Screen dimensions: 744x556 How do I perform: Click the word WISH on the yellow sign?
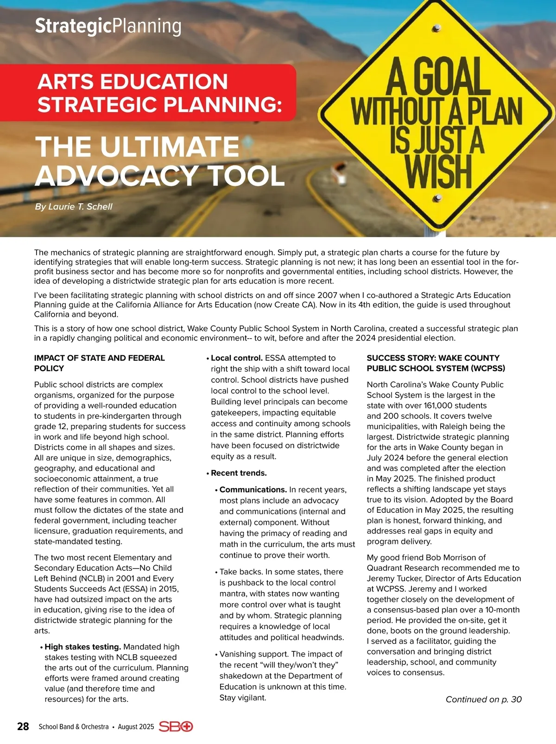(x=438, y=172)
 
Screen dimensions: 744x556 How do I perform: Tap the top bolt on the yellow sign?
(x=436, y=29)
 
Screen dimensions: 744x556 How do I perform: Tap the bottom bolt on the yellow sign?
(x=437, y=199)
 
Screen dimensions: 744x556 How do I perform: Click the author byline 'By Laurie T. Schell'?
(x=74, y=207)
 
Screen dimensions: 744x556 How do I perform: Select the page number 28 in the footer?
(x=23, y=726)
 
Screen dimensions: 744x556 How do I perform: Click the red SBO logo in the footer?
(x=176, y=726)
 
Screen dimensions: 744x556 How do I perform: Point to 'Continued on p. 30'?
(x=483, y=700)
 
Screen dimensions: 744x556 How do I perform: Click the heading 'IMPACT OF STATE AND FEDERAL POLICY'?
(x=99, y=363)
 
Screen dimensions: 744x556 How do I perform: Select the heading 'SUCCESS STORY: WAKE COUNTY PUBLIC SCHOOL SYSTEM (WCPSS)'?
(x=436, y=363)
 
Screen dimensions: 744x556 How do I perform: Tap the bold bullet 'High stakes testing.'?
(x=83, y=647)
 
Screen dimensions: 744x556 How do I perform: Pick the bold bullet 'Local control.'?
(x=237, y=358)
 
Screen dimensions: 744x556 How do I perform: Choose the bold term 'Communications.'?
(x=253, y=490)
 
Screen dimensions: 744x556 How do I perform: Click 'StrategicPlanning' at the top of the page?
(x=108, y=26)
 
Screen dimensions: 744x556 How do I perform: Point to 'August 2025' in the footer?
(x=136, y=727)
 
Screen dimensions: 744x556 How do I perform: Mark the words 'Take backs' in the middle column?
(x=240, y=572)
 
